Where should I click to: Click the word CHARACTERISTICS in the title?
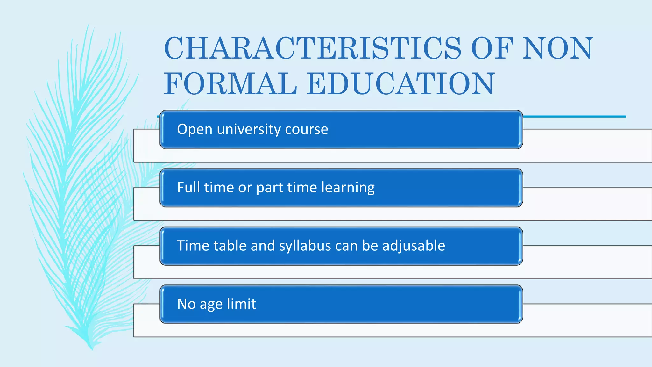tap(312, 48)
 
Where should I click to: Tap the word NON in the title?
tap(558, 48)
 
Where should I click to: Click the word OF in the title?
tap(492, 48)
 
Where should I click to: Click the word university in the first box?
tap(249, 129)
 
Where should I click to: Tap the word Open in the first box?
tap(195, 129)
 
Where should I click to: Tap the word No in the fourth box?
tap(186, 304)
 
